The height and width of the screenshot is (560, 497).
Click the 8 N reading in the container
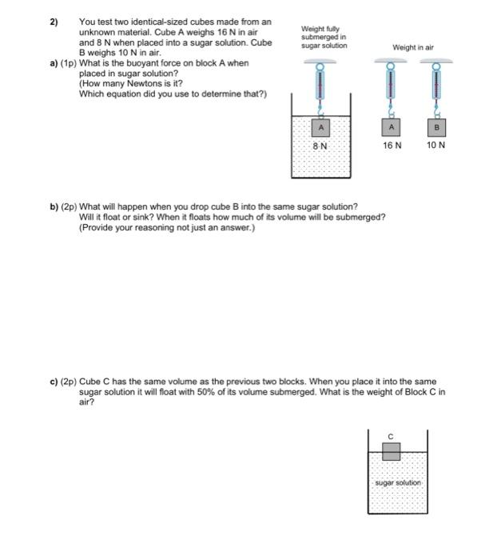click(320, 146)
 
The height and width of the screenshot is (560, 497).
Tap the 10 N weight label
click(436, 146)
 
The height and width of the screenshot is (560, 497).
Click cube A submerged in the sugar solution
click(320, 127)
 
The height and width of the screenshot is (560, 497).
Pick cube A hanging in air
click(392, 127)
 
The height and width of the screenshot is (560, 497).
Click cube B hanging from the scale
click(437, 127)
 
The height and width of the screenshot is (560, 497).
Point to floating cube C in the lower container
click(391, 452)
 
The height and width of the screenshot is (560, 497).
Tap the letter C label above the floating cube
click(391, 436)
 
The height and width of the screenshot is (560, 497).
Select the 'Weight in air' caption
click(413, 47)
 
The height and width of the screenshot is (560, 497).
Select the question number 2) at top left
click(56, 22)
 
